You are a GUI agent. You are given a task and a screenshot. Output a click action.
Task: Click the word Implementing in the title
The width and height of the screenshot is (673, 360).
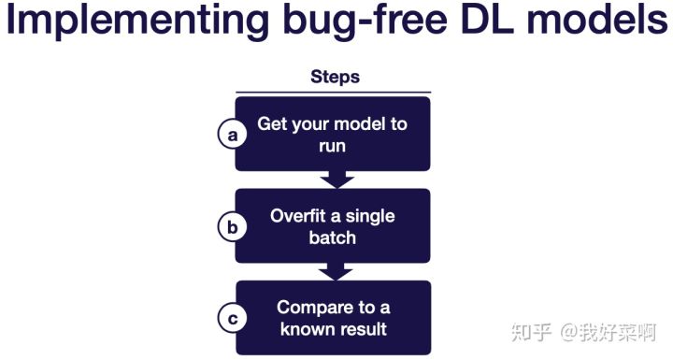coord(137,21)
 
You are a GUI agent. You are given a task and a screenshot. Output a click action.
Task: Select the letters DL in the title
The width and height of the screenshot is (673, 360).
coord(488,19)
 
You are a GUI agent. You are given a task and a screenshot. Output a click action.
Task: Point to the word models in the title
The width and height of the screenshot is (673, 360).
coord(597,19)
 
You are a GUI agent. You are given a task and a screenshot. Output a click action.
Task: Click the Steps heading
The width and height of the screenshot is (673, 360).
coord(336,77)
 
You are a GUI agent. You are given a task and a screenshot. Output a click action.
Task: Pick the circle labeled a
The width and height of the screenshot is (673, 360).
coord(232,134)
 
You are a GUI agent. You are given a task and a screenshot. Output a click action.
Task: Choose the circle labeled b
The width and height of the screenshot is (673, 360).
coord(232,226)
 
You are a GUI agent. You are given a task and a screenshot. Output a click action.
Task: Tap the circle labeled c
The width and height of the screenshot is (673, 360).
coord(232,318)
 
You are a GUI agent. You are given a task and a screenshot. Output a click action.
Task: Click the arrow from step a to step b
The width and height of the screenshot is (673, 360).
coord(336,180)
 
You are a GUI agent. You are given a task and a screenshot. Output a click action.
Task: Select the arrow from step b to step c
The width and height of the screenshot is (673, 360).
coord(336,271)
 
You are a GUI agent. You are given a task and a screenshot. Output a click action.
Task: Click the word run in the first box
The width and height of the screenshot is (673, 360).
coord(332,146)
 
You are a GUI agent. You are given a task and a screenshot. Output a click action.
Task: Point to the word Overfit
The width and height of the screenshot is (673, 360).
coord(298,215)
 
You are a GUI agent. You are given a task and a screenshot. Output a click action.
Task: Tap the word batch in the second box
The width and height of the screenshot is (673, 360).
coord(333,238)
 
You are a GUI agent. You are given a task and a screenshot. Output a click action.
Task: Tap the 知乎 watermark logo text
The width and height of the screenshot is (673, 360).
coord(531,332)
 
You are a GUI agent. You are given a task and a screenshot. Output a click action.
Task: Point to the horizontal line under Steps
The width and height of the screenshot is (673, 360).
coord(333,93)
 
